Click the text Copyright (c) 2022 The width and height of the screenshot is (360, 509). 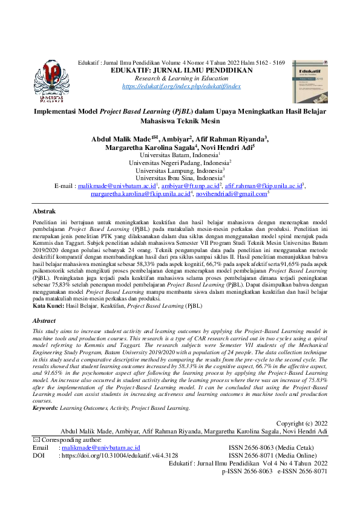[301, 423]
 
